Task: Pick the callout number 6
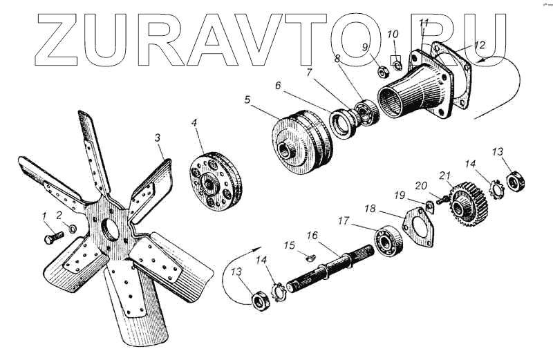pyautogui.click(x=278, y=86)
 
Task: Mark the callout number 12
pyautogui.click(x=480, y=45)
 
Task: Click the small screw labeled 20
pyautogui.click(x=440, y=200)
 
